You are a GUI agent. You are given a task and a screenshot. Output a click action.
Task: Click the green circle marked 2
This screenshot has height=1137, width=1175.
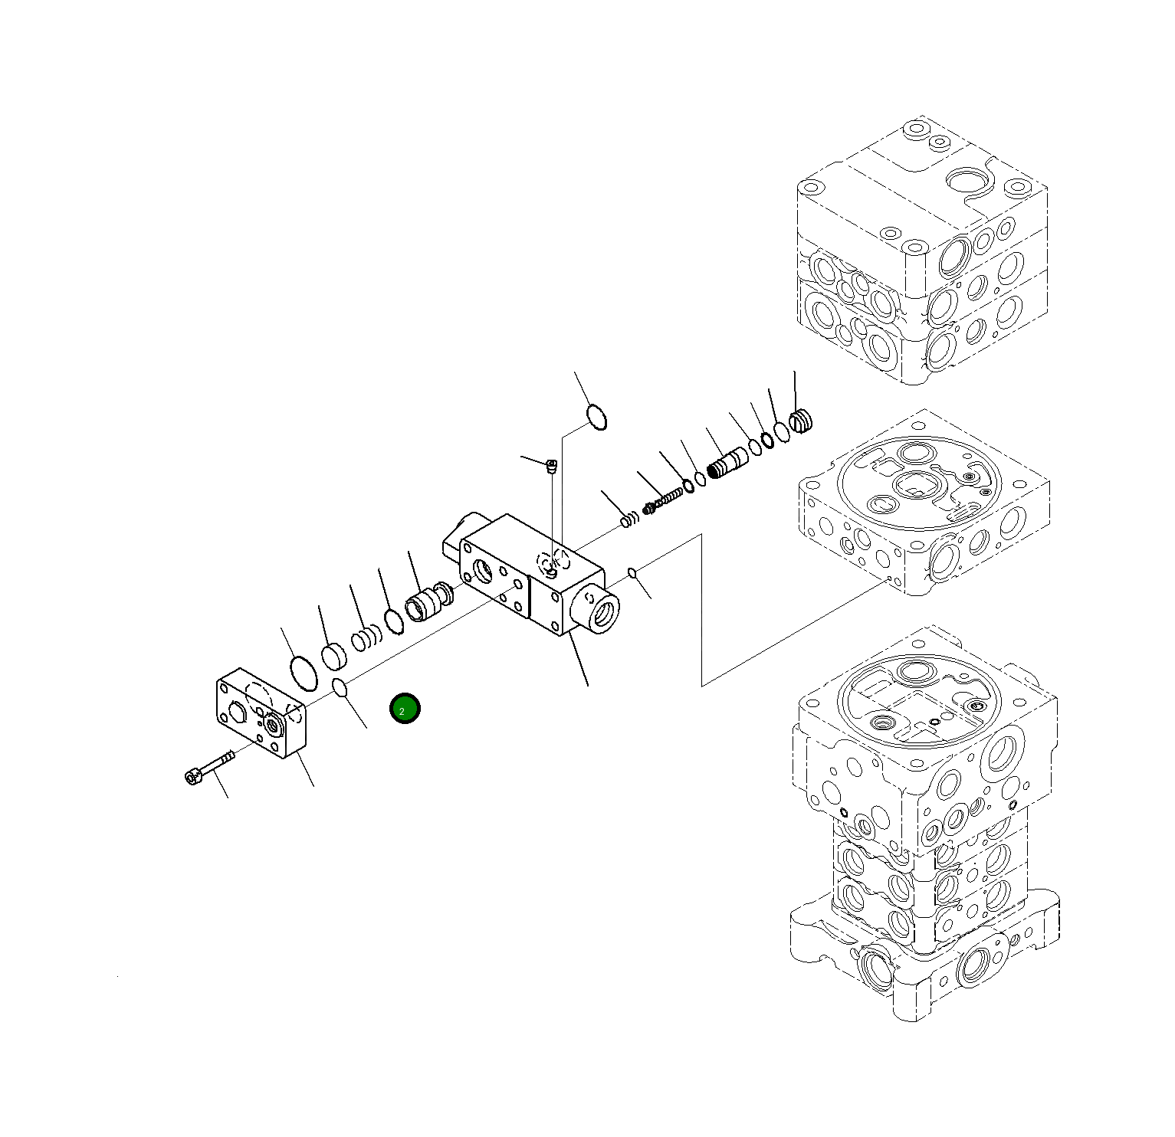click(x=404, y=709)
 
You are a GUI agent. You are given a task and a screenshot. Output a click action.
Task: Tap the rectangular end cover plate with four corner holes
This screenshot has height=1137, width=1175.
click(x=261, y=713)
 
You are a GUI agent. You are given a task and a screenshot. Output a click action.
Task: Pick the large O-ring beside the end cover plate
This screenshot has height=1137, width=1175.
click(x=304, y=673)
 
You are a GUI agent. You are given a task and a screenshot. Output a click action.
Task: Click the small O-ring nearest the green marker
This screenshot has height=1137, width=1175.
click(x=341, y=688)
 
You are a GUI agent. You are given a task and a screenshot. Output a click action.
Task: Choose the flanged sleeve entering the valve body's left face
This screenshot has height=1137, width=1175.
click(x=425, y=604)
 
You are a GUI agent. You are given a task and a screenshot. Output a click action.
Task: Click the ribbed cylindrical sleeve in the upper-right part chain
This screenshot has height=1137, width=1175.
click(x=727, y=462)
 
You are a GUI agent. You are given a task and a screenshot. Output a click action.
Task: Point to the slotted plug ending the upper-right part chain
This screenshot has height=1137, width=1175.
click(x=801, y=421)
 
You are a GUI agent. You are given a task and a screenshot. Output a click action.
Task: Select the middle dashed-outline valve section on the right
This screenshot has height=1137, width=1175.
click(x=924, y=506)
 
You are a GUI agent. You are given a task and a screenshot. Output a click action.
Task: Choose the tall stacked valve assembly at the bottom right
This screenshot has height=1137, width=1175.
click(x=924, y=827)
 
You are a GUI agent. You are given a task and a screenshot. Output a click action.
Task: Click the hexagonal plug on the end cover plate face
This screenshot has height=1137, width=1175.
click(x=272, y=724)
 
